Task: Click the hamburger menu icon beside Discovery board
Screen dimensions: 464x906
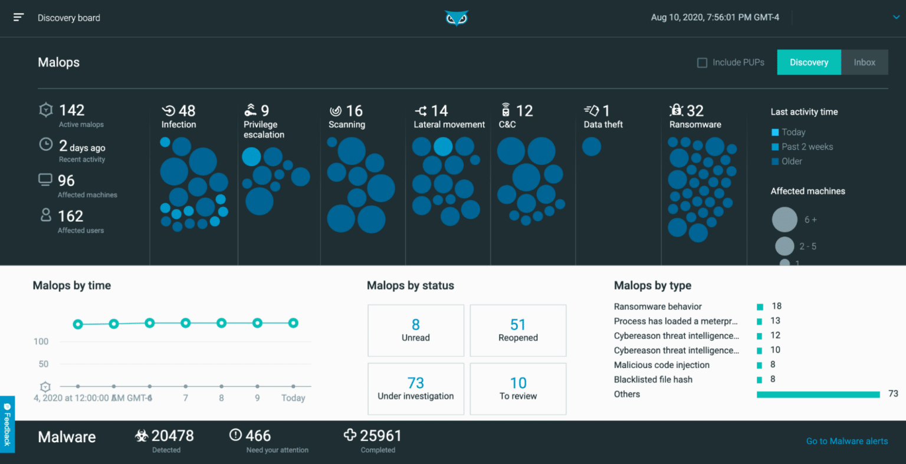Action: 18,17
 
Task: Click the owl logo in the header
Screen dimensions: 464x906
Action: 456,18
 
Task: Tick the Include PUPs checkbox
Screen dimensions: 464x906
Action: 702,62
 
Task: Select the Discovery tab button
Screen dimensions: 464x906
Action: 809,62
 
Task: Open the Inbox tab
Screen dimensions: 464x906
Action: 864,62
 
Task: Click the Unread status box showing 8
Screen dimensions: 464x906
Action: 416,330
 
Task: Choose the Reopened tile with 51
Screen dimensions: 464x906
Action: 518,330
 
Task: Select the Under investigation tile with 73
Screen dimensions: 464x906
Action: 416,389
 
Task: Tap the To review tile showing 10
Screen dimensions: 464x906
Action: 518,389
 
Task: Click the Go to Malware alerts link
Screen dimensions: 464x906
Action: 846,441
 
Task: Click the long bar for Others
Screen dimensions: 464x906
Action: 818,394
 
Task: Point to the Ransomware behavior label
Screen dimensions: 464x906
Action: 658,307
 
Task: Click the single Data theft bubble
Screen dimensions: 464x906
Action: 592,147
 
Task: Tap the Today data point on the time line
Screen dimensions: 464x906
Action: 293,323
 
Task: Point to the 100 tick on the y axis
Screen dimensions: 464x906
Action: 41,341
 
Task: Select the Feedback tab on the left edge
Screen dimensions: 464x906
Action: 7,424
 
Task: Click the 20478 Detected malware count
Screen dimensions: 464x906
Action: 172,436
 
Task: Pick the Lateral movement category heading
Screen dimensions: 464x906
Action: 449,124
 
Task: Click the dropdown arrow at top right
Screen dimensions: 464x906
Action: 896,18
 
